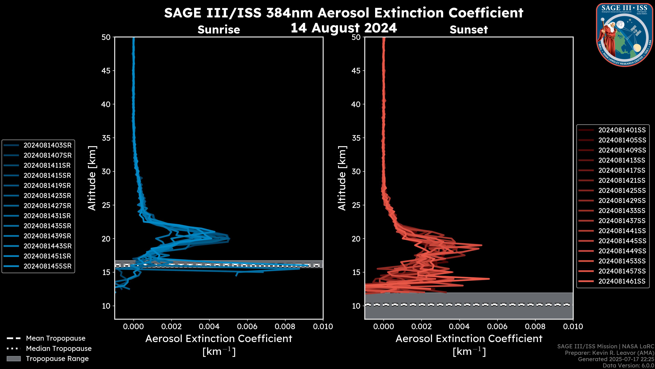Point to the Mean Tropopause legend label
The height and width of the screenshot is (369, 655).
tap(56, 338)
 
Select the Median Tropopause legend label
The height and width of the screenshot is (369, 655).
tap(59, 349)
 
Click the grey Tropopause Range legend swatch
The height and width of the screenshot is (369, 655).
tap(14, 359)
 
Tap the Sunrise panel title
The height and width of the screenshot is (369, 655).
tap(219, 30)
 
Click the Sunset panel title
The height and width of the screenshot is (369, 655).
tap(469, 30)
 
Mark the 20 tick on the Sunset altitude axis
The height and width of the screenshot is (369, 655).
tap(356, 239)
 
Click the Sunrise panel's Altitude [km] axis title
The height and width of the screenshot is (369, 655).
tap(92, 178)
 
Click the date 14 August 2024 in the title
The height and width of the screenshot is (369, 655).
tap(344, 28)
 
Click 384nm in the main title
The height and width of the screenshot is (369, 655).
tap(289, 13)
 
